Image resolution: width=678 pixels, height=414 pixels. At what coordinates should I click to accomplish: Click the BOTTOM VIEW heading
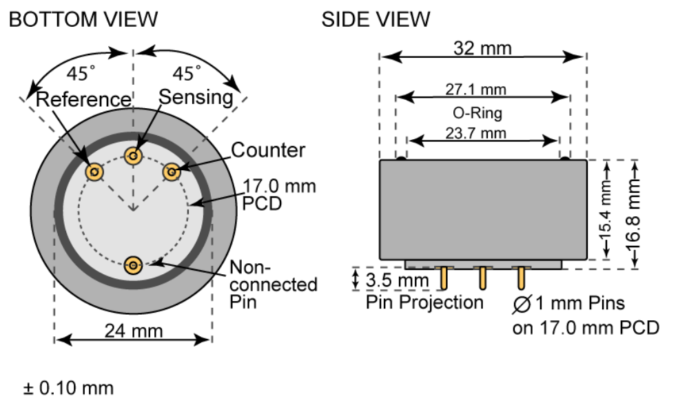[x=83, y=19]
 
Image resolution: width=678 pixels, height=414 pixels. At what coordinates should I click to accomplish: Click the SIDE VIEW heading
[x=376, y=19]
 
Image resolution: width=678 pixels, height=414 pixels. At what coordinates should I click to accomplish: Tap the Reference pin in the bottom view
[x=94, y=172]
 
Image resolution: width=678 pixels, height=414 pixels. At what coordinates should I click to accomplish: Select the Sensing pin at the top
[x=134, y=156]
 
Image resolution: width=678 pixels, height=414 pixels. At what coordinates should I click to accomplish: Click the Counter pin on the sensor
[x=171, y=170]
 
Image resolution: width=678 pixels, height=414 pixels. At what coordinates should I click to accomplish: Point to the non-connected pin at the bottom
[x=134, y=264]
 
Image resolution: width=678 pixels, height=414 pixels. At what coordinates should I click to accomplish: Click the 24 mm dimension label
[x=134, y=331]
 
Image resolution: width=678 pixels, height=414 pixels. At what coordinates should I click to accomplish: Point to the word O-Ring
[x=482, y=112]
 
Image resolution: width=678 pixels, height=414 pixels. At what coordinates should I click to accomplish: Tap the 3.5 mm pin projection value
[x=396, y=281]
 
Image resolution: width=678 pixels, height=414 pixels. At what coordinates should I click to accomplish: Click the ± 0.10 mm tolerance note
[x=68, y=388]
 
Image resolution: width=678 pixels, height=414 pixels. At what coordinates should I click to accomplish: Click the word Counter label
[x=267, y=149]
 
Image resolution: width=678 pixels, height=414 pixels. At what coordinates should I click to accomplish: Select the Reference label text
[x=83, y=99]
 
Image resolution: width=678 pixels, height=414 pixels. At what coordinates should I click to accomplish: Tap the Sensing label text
[x=196, y=97]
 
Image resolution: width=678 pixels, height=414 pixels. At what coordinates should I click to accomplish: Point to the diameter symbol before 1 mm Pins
[x=522, y=303]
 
